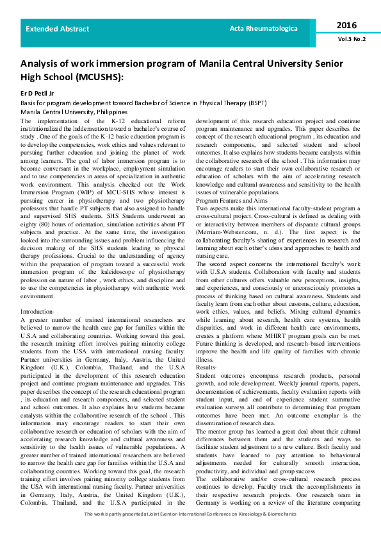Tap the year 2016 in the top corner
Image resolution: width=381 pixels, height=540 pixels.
pos(346,25)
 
